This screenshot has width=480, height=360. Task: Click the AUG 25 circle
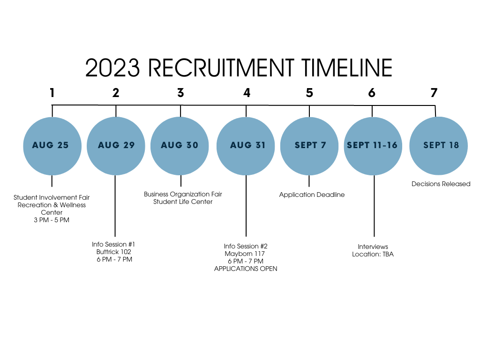pos(52,146)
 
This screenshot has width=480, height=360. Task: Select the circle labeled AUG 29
pos(116,146)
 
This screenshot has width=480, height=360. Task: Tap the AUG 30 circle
pos(180,146)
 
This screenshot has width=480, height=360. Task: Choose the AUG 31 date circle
pos(246,146)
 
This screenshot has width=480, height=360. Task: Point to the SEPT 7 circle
pos(309,146)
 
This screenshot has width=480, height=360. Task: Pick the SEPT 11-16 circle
pos(373,146)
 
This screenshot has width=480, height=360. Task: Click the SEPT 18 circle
pos(439,146)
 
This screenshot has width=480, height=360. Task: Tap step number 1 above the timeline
pos(52,93)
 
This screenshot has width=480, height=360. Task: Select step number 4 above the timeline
pos(247,93)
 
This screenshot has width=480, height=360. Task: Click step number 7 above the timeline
pos(434,93)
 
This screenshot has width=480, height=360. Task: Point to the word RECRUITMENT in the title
pos(221,68)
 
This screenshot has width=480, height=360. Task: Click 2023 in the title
pos(112,68)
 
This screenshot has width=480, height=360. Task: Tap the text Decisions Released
pos(441,184)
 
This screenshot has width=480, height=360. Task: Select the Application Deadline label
pos(312,195)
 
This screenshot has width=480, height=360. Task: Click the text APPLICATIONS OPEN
pos(246,269)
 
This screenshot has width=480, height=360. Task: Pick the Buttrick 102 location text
pos(113,252)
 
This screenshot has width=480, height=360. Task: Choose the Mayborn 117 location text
pos(245,254)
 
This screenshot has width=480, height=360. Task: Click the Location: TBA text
pos(373,254)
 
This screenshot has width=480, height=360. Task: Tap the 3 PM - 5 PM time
pos(52,220)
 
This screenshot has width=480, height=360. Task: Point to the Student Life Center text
pos(183,202)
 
